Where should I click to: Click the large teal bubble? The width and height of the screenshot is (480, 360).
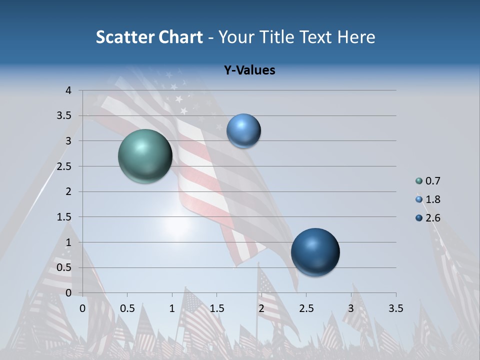[145, 156]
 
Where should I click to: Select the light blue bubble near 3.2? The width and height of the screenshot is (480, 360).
[243, 131]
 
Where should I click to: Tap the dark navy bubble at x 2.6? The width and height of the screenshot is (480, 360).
[315, 252]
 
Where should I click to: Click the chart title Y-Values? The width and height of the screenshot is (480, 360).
[249, 70]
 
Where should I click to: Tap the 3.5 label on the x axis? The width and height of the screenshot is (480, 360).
[395, 308]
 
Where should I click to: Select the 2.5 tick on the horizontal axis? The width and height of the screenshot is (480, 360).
[306, 308]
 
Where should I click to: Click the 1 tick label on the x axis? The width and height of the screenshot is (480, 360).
[172, 308]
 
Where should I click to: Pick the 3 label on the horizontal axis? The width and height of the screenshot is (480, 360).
[351, 308]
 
